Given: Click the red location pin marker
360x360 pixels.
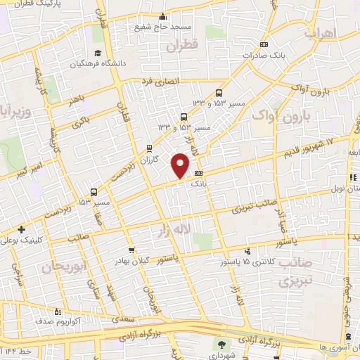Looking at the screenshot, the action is [181, 165].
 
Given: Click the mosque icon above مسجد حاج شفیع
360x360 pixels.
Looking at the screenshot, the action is [164, 17].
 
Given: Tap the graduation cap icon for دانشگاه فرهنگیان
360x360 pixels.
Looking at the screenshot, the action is [98, 53].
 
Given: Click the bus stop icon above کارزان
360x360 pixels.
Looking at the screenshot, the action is [149, 148].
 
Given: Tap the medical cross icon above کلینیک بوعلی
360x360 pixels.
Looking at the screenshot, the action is [22, 229].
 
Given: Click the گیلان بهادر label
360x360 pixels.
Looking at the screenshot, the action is [131, 260].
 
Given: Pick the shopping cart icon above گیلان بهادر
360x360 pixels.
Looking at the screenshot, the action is [131, 250].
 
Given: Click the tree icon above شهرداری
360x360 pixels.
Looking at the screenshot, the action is [222, 344].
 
